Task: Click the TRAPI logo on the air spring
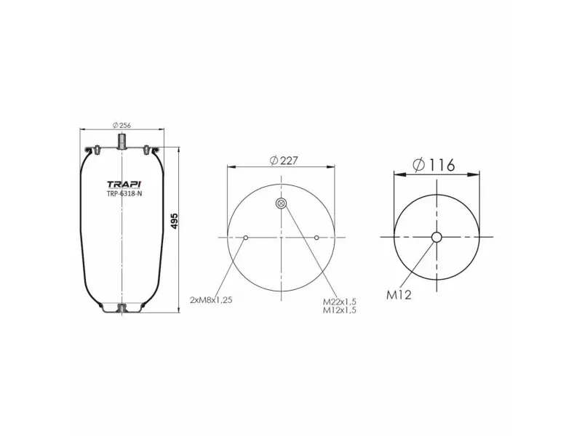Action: pos(124,184)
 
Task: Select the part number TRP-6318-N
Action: pos(124,194)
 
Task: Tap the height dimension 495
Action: pos(175,222)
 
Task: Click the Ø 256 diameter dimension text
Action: pos(121,124)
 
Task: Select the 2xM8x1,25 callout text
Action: pos(211,299)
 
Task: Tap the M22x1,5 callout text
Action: pos(341,301)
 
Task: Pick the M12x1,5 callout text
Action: pos(341,310)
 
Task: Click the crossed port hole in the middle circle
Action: pos(282,204)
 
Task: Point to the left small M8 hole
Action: pos(247,238)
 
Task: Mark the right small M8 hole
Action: pos(317,238)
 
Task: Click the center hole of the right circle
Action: pos(436,238)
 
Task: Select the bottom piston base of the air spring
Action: pos(122,308)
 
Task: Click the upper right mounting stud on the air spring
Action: pos(148,150)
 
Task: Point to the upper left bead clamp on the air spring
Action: pos(93,151)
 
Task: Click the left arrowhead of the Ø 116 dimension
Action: pos(396,174)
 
